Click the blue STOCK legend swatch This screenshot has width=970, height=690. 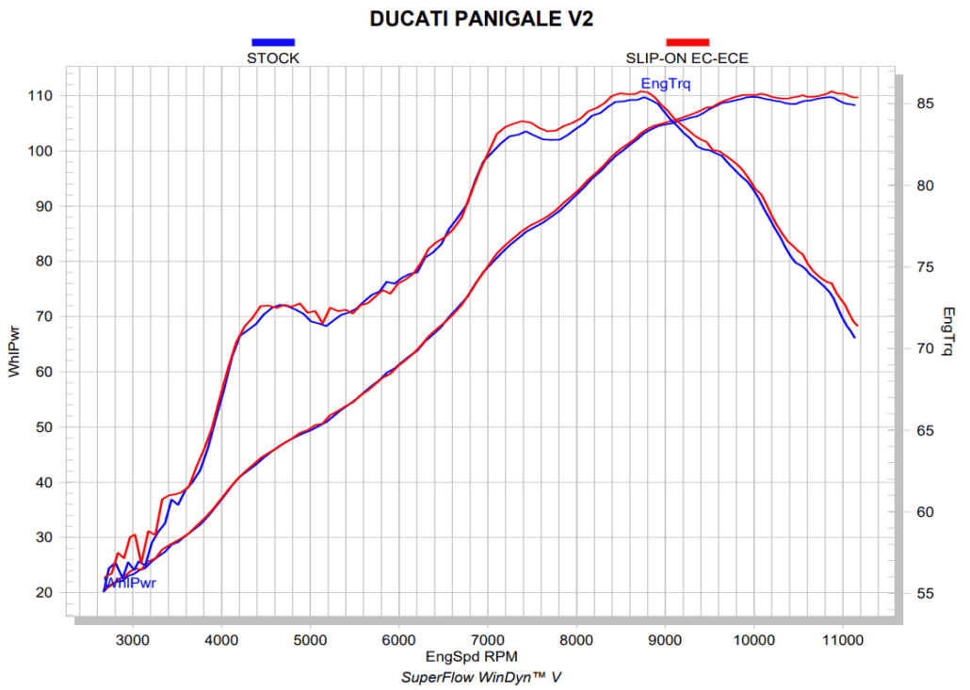(x=273, y=42)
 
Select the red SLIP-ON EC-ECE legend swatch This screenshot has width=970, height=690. (x=687, y=42)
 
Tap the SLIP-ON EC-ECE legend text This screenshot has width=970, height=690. (x=687, y=58)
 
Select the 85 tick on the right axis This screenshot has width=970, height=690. (x=926, y=104)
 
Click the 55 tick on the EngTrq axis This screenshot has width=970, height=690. (x=926, y=594)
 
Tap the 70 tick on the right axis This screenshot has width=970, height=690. (x=926, y=349)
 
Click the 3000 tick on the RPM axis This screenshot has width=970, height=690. (x=133, y=641)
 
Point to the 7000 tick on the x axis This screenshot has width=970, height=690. (x=488, y=641)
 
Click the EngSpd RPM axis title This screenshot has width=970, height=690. (x=471, y=656)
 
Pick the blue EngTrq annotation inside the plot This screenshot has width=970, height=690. (x=666, y=84)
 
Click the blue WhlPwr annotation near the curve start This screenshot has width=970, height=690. (x=132, y=583)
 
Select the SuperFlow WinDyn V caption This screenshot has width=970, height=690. (x=481, y=677)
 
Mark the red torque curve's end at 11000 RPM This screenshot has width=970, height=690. (x=858, y=326)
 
